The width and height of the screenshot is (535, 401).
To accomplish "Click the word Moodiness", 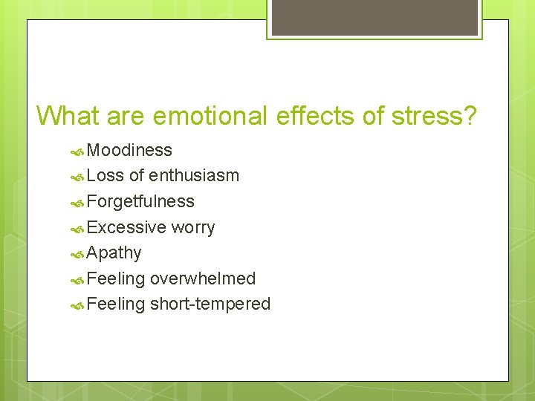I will (129, 150).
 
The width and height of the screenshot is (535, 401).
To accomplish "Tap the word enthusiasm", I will (194, 176).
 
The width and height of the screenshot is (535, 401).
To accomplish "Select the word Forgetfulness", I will (140, 201).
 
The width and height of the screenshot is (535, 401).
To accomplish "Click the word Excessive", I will (126, 227).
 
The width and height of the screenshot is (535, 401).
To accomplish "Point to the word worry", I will (192, 227).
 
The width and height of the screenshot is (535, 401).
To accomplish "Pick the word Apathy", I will (114, 253).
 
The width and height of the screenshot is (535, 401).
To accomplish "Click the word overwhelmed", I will (203, 278).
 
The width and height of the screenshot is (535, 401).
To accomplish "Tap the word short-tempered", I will (210, 304).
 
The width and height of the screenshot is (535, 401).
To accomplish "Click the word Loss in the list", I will (106, 176).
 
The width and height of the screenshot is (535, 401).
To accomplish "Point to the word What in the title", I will (68, 116).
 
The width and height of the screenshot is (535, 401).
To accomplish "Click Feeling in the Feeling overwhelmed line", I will (115, 278).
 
